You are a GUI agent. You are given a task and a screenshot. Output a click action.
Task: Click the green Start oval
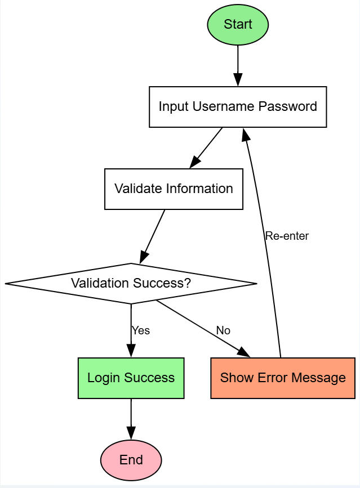[238, 25]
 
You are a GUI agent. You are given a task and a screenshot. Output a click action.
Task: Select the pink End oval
[131, 460]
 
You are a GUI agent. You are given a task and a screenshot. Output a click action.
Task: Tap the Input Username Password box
[238, 106]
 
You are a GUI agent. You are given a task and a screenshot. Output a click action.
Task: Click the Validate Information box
[174, 189]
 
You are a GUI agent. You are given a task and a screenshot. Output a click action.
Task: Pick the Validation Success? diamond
[131, 283]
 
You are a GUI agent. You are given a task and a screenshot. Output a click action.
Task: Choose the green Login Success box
[131, 378]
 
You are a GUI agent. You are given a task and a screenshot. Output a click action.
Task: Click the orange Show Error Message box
[283, 378]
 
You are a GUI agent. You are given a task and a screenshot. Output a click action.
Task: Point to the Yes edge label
[141, 330]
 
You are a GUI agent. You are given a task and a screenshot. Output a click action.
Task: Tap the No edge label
[223, 330]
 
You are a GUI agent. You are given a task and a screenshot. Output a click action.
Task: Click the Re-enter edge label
[287, 236]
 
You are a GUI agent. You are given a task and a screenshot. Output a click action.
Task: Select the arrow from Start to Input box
[238, 65]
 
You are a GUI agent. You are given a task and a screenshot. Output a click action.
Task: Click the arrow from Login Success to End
[131, 418]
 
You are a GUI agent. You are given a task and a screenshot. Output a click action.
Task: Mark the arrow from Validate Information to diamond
[153, 236]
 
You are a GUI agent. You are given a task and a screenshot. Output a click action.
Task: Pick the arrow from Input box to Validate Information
[207, 147]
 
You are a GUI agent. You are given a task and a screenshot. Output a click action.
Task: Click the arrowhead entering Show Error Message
[244, 353]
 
